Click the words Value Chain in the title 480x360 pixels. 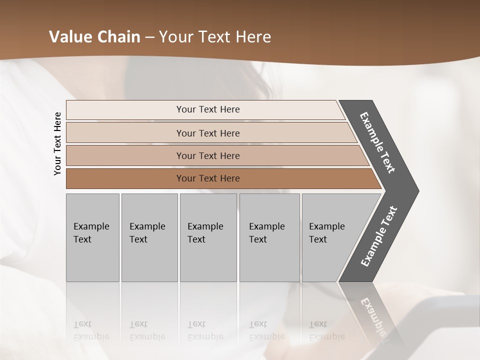pos(94,37)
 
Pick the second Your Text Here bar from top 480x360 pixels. pos(208,133)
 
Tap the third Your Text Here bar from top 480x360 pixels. pos(208,155)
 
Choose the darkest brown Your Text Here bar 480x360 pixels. pos(208,178)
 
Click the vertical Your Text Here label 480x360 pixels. pos(57,143)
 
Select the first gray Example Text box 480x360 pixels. pos(92,237)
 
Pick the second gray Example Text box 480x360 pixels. pos(149,237)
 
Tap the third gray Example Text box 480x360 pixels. pos(208,237)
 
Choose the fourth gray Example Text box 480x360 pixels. pos(269,237)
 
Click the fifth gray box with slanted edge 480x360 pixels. pos(330,237)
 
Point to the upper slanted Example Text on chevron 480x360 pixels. pos(377,142)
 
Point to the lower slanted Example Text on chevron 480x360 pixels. pos(378,236)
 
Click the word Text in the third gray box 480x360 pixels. pos(196,239)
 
